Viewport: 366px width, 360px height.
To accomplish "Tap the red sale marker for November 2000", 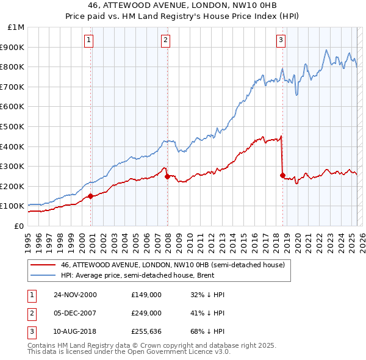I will pyautogui.click(x=91, y=196).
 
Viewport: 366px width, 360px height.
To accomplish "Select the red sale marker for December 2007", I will pyautogui.click(x=167, y=176).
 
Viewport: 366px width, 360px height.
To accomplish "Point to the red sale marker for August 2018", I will pyautogui.click(x=282, y=175).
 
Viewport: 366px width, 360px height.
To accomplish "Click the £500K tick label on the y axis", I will pyautogui.click(x=13, y=126).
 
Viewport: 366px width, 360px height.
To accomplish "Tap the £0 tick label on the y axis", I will pyautogui.click(x=18, y=226).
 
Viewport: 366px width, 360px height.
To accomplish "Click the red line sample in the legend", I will pyautogui.click(x=42, y=265).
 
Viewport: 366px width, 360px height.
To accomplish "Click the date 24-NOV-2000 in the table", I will pyautogui.click(x=75, y=295).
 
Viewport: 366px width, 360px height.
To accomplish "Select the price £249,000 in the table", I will pyautogui.click(x=146, y=312).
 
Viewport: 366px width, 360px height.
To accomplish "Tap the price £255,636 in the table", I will pyautogui.click(x=146, y=331).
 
